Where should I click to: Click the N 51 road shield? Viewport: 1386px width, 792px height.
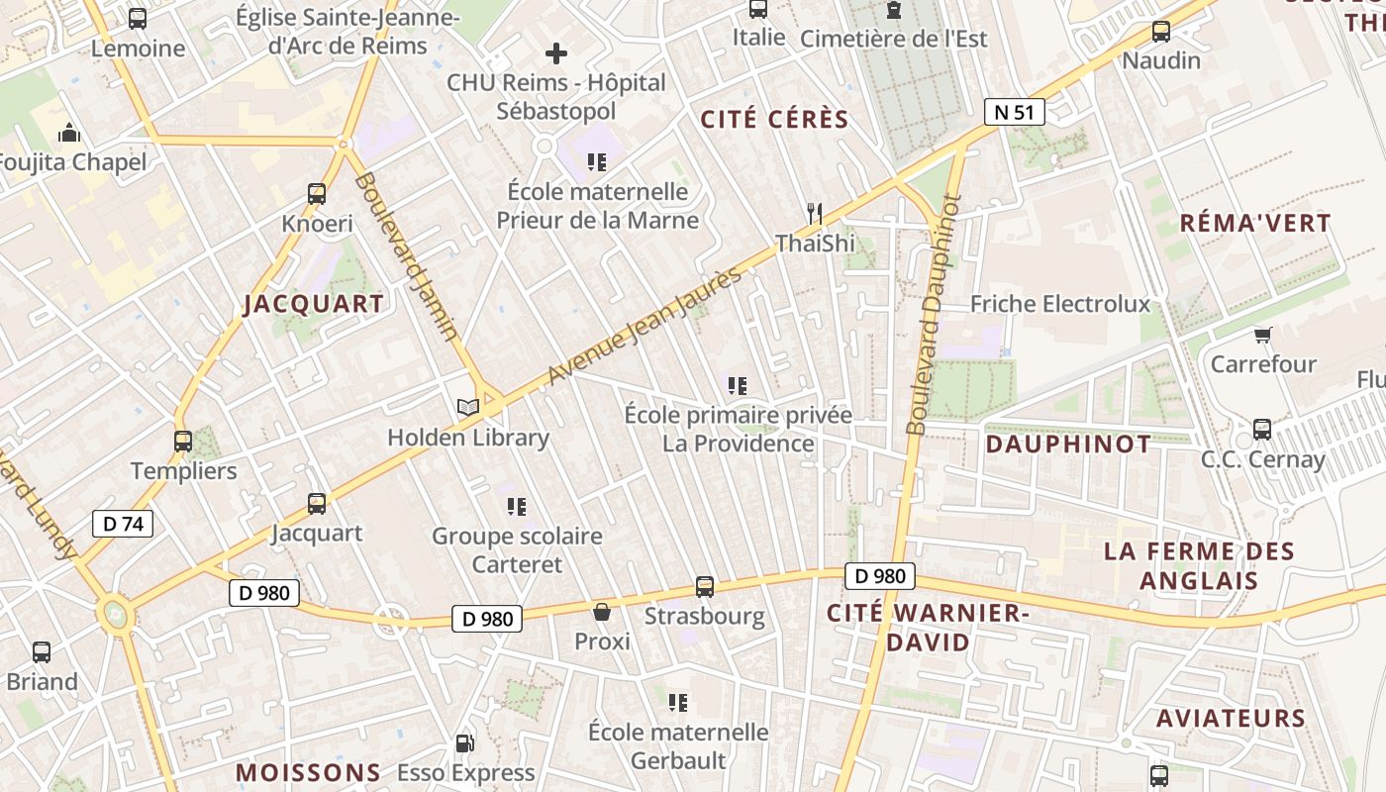(x=1014, y=112)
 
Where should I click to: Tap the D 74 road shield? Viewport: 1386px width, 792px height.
(x=123, y=524)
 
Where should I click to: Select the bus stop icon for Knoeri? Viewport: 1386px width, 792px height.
(x=317, y=194)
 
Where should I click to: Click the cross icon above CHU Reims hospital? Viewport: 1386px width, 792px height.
(x=556, y=53)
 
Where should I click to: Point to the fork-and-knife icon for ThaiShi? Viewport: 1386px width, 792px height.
(x=815, y=213)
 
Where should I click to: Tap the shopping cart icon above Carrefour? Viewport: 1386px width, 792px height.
(x=1262, y=336)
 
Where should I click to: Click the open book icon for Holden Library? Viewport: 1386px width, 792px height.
(x=467, y=407)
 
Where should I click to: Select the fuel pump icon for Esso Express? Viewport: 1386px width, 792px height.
(x=464, y=742)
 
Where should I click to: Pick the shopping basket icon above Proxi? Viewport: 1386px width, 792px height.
(x=602, y=612)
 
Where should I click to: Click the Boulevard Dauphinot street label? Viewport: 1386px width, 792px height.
(x=934, y=315)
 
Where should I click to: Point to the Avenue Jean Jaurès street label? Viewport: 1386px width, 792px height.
(x=643, y=326)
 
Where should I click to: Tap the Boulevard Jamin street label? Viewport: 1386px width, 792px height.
(x=407, y=256)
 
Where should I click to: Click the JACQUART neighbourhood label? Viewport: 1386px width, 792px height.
(x=314, y=304)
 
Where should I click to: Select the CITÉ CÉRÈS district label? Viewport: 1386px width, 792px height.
(x=774, y=120)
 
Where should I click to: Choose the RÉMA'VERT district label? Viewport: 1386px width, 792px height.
(x=1255, y=223)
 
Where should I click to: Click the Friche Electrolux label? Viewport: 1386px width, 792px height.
(x=1060, y=304)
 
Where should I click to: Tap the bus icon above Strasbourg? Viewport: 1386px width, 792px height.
(x=705, y=587)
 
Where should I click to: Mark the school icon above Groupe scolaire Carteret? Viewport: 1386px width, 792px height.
(x=517, y=507)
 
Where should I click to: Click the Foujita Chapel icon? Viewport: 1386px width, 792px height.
(x=69, y=133)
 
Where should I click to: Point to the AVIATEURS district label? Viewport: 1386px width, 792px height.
(x=1231, y=718)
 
